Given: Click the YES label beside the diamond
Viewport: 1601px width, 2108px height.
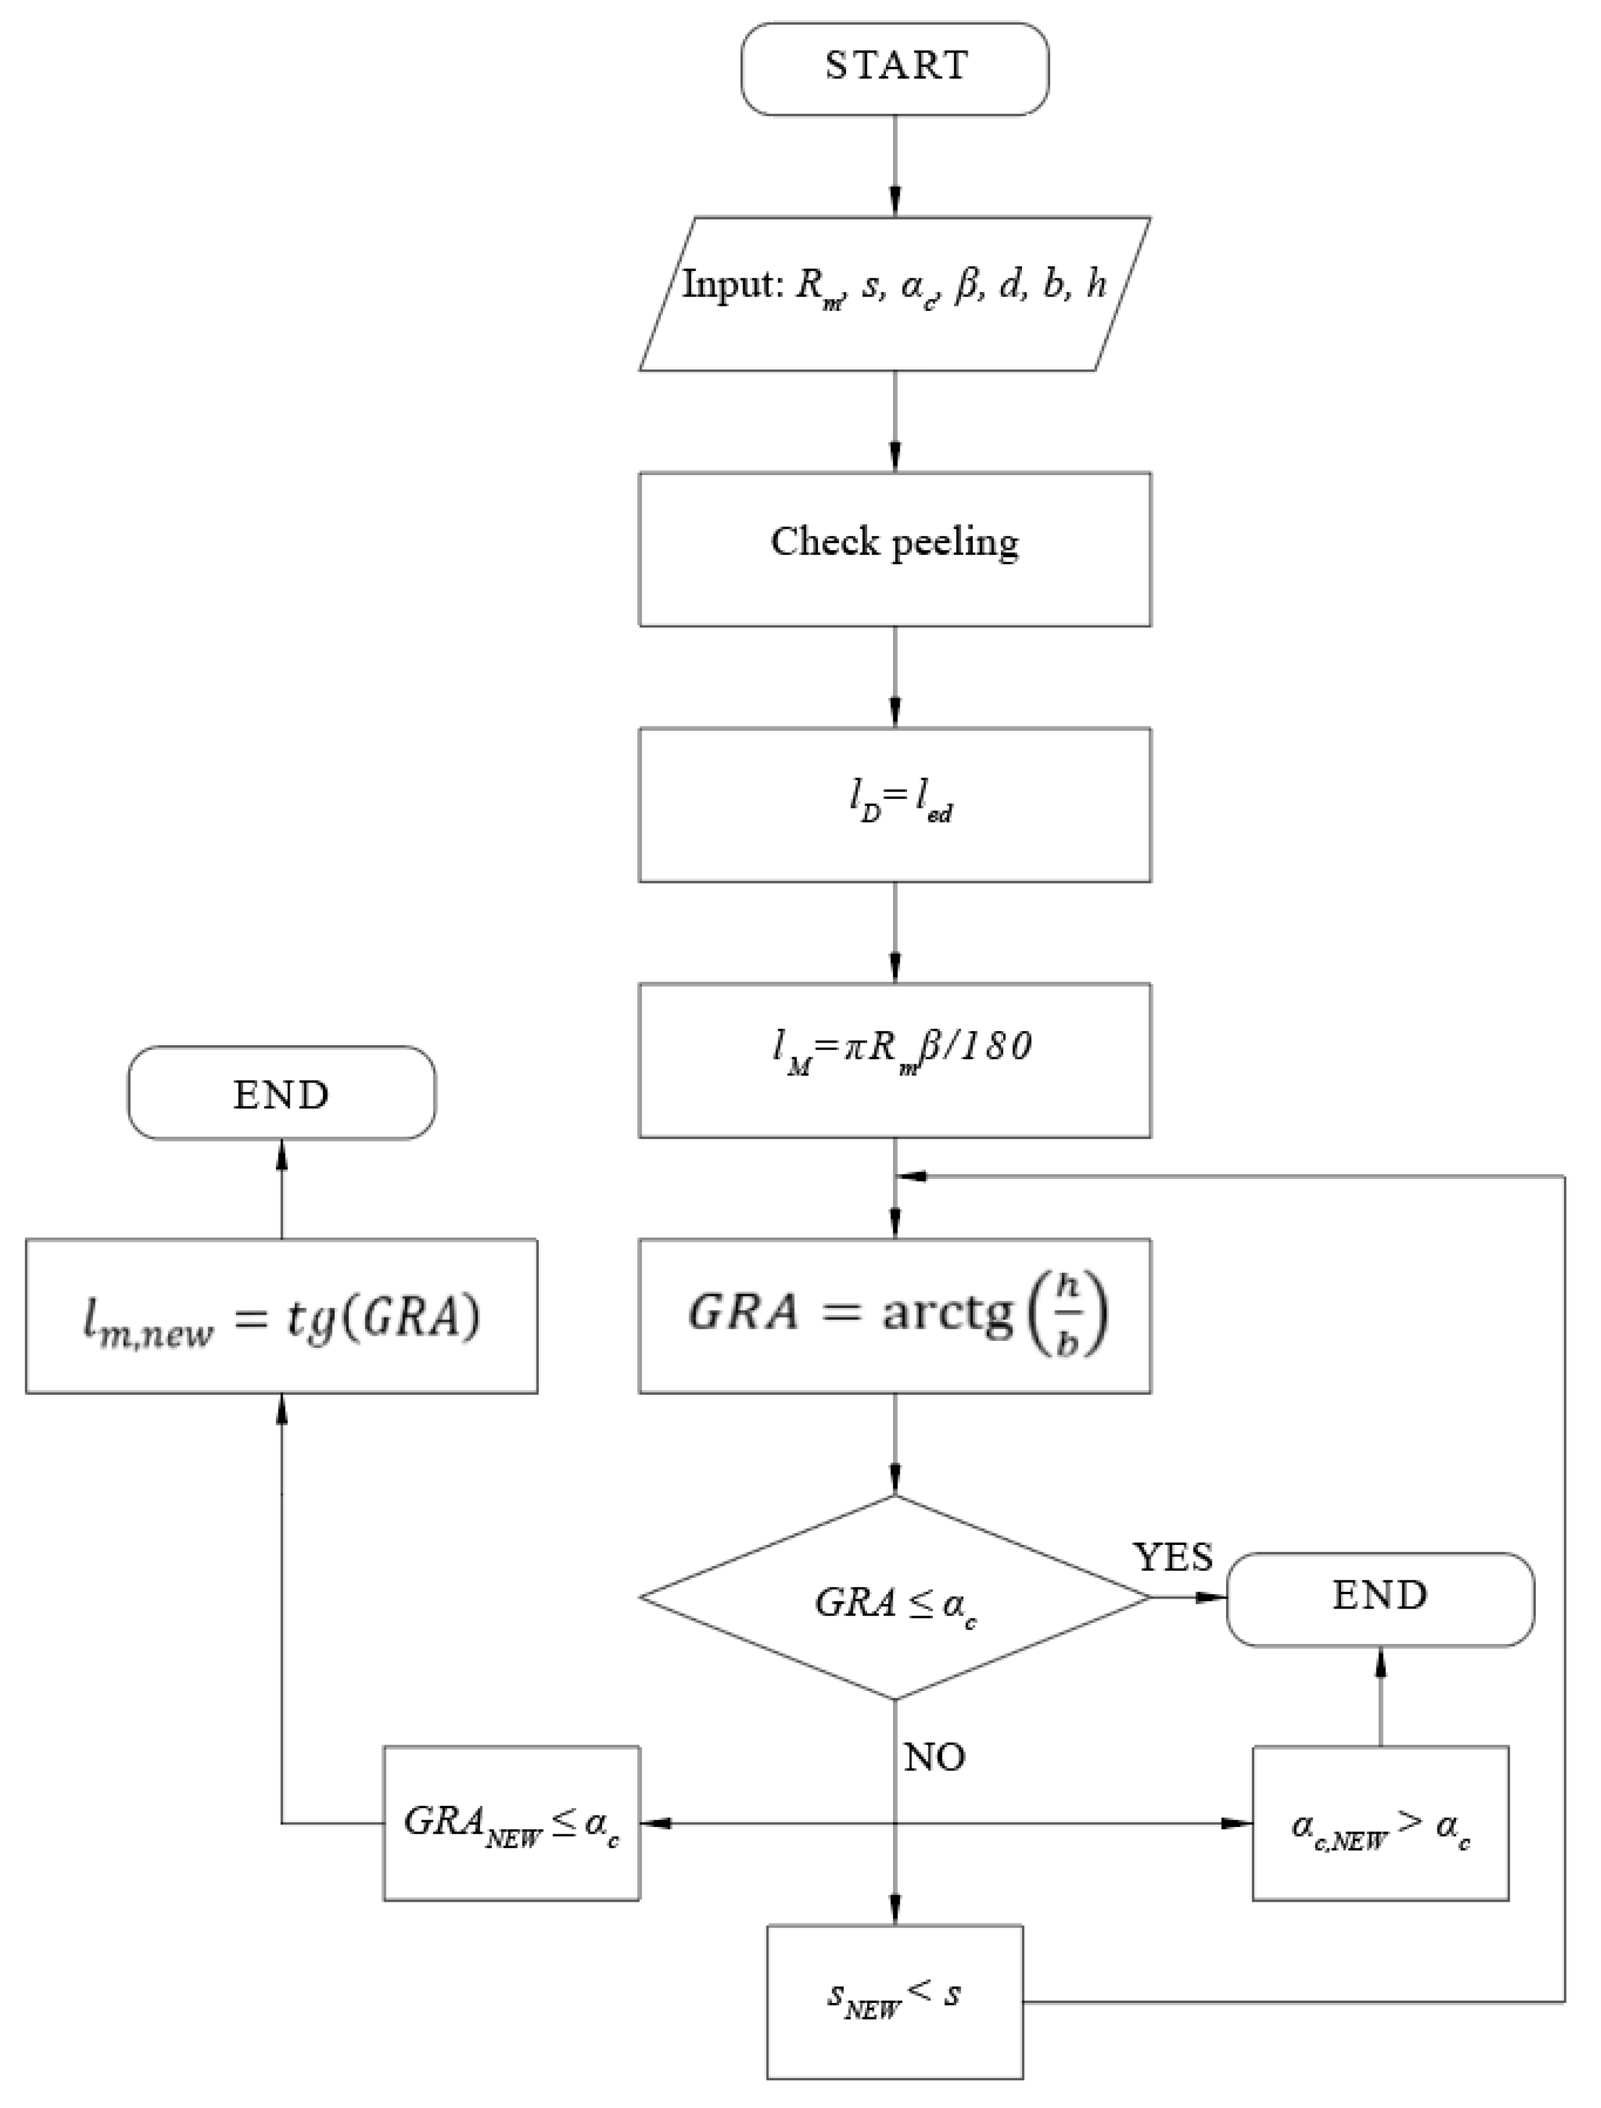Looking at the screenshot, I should (1172, 1557).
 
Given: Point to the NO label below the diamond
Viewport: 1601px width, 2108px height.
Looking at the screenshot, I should (934, 1757).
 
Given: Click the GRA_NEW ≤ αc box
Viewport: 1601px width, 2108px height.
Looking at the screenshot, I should (511, 1823).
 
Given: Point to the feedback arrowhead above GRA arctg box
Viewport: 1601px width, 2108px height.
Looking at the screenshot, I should (912, 1176).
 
